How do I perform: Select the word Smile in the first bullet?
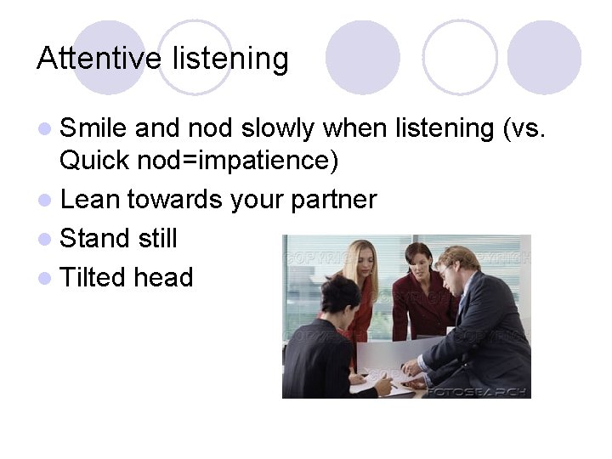[93, 128]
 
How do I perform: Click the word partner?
[333, 201]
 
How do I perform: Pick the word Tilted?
[93, 277]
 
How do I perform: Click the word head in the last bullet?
[163, 277]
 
